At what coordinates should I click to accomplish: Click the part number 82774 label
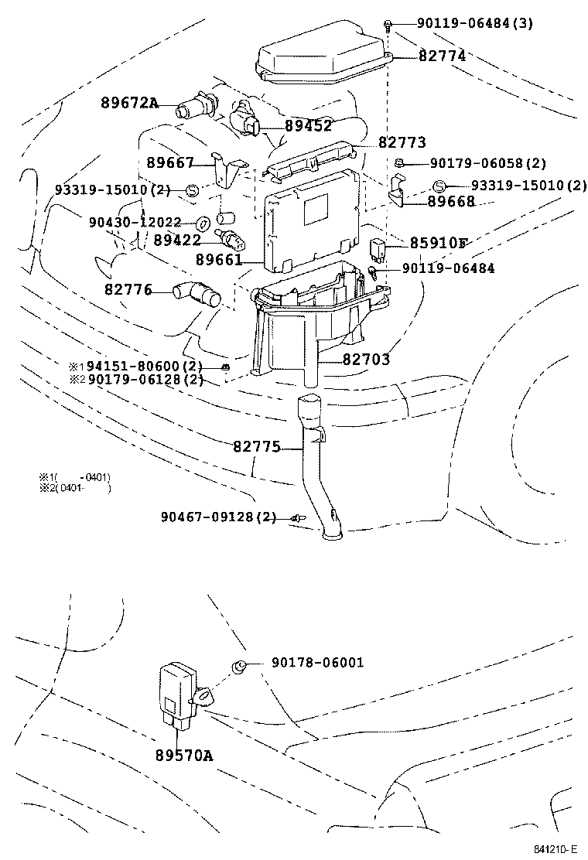pos(442,56)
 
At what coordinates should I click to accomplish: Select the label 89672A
pos(128,103)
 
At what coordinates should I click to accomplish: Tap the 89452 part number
pos(308,126)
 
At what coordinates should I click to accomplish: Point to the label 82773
pos(402,143)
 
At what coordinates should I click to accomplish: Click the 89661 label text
pos(220,259)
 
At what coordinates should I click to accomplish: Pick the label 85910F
pos(438,243)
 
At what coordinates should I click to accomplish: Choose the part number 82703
pos(366,360)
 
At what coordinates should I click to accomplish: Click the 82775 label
pos(258,446)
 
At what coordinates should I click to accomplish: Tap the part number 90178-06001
pos(317,663)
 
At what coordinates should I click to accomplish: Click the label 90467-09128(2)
pos(218,517)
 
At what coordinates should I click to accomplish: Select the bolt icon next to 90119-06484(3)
pos(388,25)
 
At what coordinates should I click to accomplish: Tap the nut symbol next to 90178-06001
pos(240,665)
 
